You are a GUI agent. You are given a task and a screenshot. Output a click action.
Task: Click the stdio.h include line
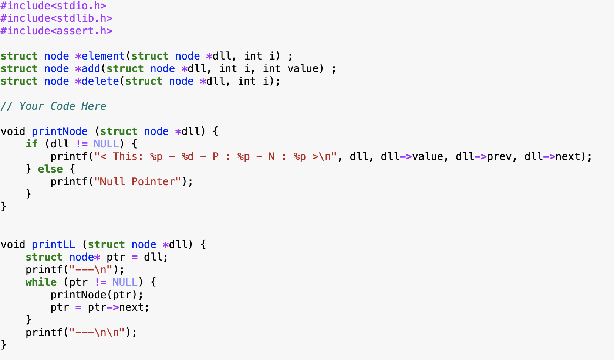53,6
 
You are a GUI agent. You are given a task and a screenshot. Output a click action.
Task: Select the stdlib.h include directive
56,18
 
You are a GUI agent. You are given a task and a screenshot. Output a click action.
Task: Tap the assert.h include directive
56,31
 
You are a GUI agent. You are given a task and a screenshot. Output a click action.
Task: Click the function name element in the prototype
103,56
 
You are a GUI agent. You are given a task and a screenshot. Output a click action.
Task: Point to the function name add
91,69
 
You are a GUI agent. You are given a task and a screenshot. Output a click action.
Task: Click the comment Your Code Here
53,106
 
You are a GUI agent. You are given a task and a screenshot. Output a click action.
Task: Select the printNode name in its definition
60,132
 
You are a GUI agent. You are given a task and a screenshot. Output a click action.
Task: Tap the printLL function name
53,245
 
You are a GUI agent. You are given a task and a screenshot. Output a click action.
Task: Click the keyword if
31,144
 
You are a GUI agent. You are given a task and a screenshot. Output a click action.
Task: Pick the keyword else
50,169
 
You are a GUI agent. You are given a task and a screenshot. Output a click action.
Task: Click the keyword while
41,282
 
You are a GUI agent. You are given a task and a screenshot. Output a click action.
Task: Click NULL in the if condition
106,144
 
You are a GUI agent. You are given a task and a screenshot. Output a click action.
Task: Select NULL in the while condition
125,282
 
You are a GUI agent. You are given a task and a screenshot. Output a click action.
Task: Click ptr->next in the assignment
118,308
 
